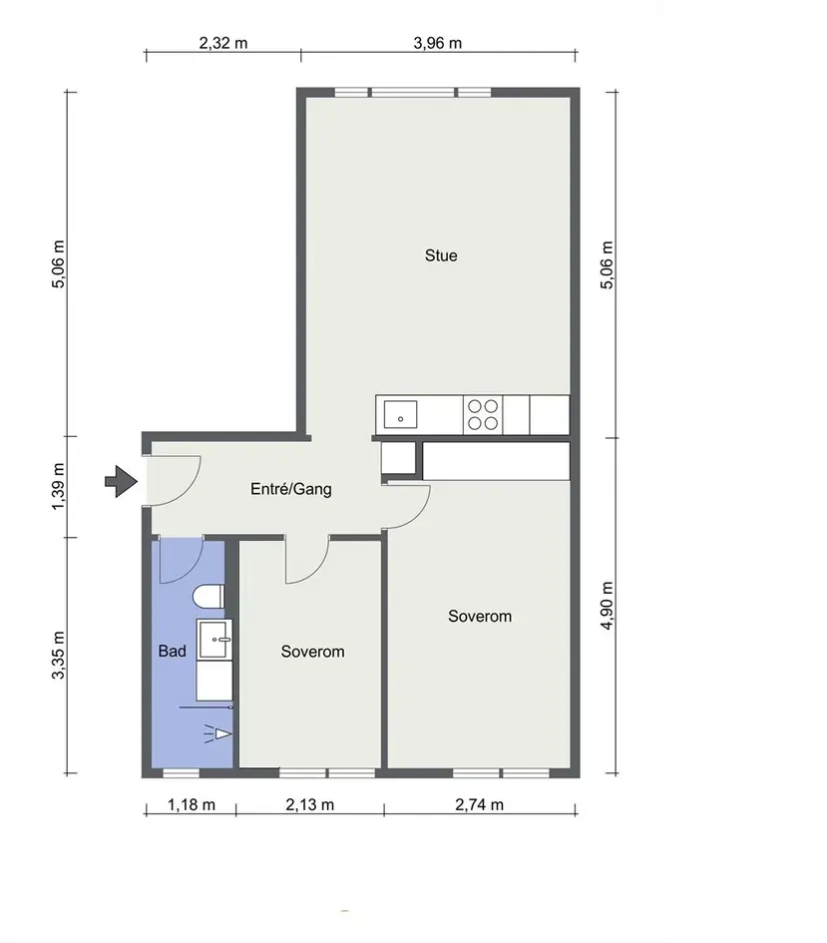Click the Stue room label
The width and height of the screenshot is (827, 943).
click(441, 255)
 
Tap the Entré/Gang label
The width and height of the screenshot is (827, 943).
click(291, 489)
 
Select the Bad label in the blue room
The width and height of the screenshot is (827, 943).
click(172, 651)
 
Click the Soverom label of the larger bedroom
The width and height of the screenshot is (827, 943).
click(480, 616)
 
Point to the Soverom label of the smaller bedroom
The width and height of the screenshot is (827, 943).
click(312, 652)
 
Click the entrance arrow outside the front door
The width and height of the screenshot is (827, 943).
click(122, 481)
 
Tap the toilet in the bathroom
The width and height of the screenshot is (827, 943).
click(208, 598)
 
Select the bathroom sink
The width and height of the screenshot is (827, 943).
click(213, 640)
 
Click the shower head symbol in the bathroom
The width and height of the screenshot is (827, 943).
click(218, 733)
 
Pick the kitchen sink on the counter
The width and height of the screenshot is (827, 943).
click(400, 414)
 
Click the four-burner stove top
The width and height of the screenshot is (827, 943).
click(483, 414)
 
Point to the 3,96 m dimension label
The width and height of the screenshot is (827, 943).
click(438, 43)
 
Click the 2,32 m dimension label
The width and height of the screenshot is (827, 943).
click(223, 43)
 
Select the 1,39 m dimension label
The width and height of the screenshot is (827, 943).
click(58, 487)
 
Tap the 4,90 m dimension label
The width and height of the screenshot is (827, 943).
click(607, 606)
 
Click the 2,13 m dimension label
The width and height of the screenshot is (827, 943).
click(309, 804)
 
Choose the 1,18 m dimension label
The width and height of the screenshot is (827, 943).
click(192, 804)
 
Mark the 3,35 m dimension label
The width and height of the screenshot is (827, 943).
click(58, 655)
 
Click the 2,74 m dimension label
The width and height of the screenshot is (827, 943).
click(479, 804)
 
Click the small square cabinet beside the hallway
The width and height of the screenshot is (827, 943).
click(398, 458)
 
